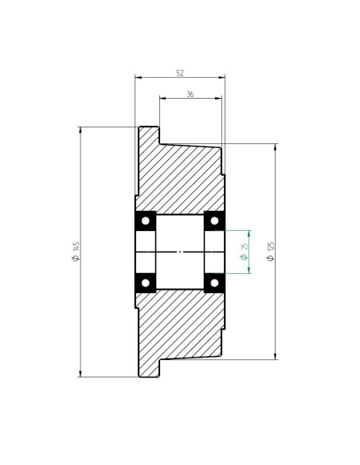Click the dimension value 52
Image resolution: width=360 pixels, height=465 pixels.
(180, 73)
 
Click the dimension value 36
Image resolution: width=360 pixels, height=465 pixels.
(190, 94)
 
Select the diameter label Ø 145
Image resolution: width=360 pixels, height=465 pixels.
(76, 252)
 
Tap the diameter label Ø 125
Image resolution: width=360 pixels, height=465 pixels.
(271, 252)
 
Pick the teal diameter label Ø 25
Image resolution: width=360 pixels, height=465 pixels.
(244, 252)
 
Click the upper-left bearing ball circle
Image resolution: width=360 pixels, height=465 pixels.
(146, 221)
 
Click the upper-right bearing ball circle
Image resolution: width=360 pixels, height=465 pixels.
(214, 221)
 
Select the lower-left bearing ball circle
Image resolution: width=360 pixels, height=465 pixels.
(146, 283)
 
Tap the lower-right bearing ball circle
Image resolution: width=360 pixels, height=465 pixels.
(214, 283)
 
